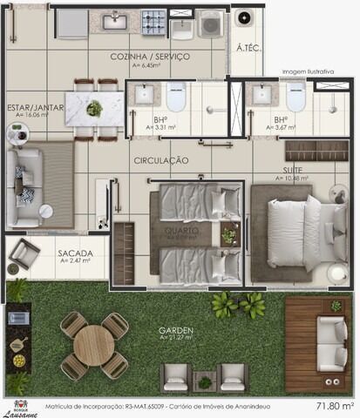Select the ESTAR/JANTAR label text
(36, 107)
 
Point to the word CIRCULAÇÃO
(161, 160)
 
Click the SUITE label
(292, 170)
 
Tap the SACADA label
(75, 253)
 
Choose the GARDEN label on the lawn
(175, 331)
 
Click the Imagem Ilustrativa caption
(308, 72)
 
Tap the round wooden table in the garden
(93, 345)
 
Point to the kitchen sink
(114, 19)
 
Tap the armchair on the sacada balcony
(24, 254)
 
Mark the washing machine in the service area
(210, 24)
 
